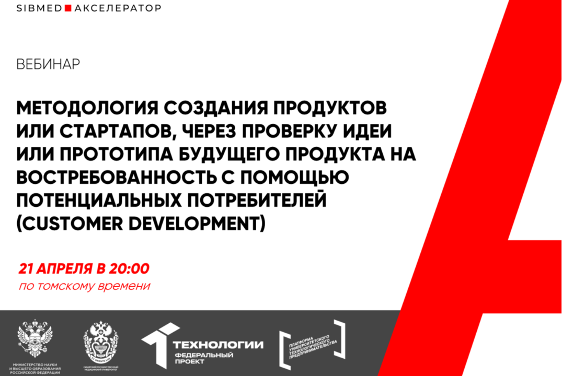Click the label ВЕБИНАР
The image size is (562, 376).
[x=48, y=64]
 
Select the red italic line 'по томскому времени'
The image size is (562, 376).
[x=84, y=286]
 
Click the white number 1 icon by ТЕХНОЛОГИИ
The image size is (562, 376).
[x=159, y=342]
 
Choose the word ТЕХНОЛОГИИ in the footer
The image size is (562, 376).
[x=218, y=345]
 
